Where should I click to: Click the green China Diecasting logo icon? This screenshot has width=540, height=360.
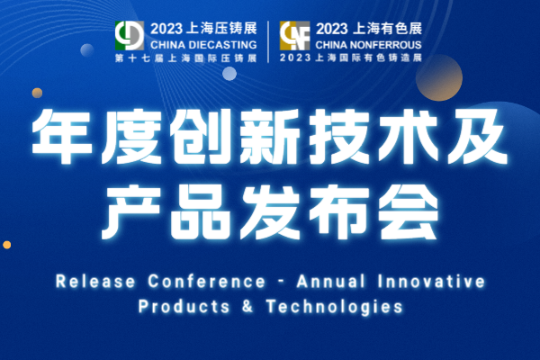tap(129, 35)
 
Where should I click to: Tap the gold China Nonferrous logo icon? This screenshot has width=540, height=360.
tap(294, 35)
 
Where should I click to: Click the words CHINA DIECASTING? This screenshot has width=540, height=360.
tap(203, 45)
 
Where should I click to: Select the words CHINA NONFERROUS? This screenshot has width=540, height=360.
tap(368, 45)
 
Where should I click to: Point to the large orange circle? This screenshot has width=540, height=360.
tap(439, 78)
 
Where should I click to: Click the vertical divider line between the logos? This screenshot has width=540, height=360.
tap(268, 41)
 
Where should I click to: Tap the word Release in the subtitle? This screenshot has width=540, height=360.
tap(95, 282)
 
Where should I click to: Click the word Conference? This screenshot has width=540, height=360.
tap(207, 282)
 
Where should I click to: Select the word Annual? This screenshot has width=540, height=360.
tap(330, 282)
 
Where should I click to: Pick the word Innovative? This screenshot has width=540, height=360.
tap(431, 282)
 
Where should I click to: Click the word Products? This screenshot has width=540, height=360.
tap(184, 306)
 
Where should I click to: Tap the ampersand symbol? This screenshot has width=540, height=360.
tap(247, 306)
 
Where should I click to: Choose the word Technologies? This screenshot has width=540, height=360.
tap(334, 306)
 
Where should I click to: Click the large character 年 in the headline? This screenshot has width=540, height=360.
tap(62, 137)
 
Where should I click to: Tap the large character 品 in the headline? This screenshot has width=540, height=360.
tap(201, 211)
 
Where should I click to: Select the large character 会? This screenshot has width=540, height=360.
tap(409, 211)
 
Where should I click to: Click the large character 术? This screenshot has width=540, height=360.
tap(408, 137)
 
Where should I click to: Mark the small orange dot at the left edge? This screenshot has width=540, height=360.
tap(7, 245)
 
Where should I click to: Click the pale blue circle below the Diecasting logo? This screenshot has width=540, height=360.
tap(229, 74)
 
